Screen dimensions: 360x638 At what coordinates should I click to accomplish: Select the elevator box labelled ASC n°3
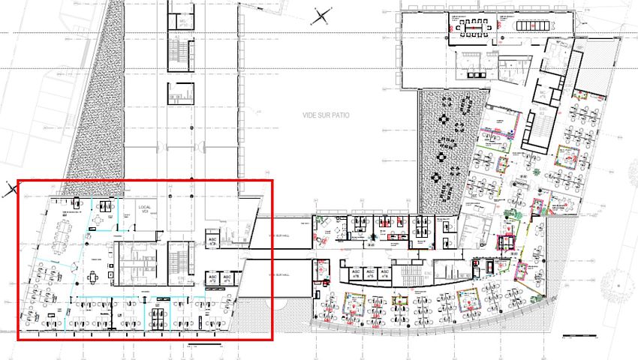click(x=212, y=241)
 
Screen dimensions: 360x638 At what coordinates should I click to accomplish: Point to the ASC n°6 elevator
click(x=351, y=273)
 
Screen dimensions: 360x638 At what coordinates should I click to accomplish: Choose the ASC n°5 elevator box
click(x=368, y=273)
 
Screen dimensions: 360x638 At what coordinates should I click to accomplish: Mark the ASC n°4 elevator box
click(x=384, y=273)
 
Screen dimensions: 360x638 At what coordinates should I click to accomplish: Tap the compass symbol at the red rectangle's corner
click(x=11, y=189)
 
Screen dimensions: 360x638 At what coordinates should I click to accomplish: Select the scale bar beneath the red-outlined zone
click(x=205, y=344)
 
